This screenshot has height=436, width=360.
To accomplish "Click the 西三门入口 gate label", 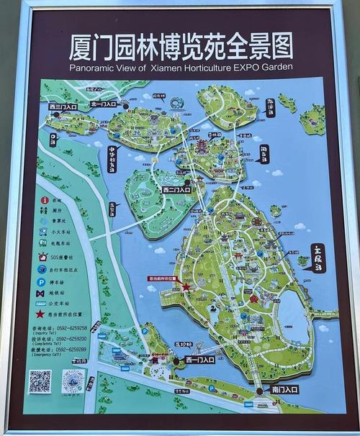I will [63, 106].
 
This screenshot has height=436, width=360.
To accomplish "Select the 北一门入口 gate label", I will [104, 104].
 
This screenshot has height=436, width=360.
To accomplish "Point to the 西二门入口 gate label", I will [176, 190].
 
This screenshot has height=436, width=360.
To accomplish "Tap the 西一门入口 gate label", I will [199, 359].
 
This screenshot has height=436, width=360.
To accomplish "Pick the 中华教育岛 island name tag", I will [112, 160].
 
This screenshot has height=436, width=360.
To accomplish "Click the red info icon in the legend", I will [45, 200].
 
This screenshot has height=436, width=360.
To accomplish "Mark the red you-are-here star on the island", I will [186, 287].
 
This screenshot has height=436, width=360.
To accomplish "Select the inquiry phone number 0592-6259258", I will [71, 328].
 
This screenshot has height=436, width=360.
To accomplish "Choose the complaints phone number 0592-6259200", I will [71, 339].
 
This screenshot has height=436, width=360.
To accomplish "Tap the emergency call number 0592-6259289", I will [71, 350].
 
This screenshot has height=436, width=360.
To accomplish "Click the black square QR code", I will [40, 381].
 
